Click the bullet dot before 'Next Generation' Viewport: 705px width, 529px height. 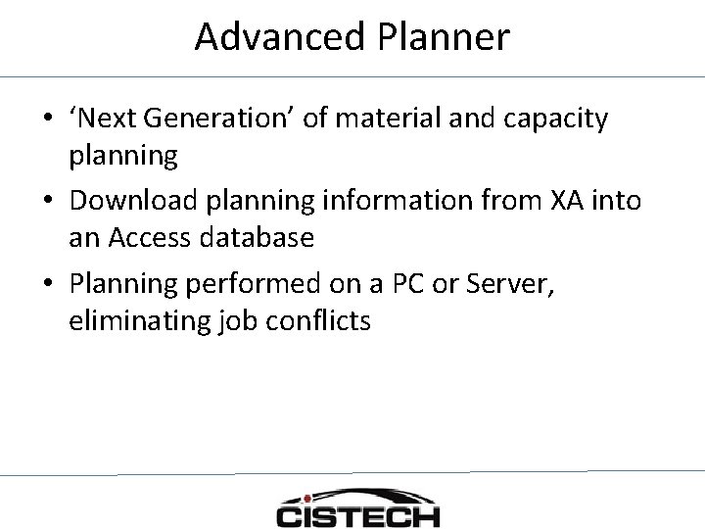(47, 120)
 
